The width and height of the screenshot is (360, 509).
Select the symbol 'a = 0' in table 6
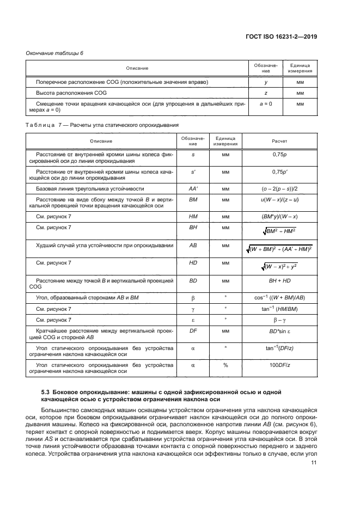(264, 103)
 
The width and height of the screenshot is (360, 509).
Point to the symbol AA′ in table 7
(193, 188)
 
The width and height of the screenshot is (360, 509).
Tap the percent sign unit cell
(225, 366)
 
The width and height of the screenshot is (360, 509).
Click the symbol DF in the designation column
(193, 330)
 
